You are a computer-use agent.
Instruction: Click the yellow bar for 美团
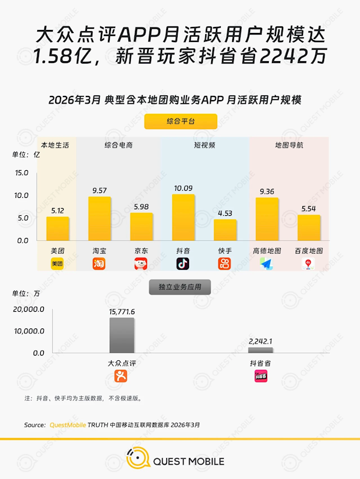[58, 228]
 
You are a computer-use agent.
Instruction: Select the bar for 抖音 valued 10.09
[183, 217]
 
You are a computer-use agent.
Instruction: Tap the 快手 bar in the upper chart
[225, 230]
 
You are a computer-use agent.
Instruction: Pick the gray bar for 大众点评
[122, 335]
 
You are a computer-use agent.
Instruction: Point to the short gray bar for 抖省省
[260, 350]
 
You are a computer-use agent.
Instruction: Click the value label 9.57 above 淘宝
[99, 191]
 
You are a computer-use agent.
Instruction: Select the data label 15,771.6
[122, 312]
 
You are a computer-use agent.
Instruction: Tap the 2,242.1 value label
[260, 341]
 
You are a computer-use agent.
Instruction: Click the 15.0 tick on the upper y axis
[22, 173]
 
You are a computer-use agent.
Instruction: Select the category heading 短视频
[204, 145]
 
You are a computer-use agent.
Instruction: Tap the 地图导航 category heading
[289, 145]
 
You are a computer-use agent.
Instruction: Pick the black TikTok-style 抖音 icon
[183, 264]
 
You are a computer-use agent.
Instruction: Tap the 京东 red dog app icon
[141, 264]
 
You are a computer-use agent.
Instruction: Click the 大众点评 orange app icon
[122, 376]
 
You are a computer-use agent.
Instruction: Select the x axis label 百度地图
[308, 251]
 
